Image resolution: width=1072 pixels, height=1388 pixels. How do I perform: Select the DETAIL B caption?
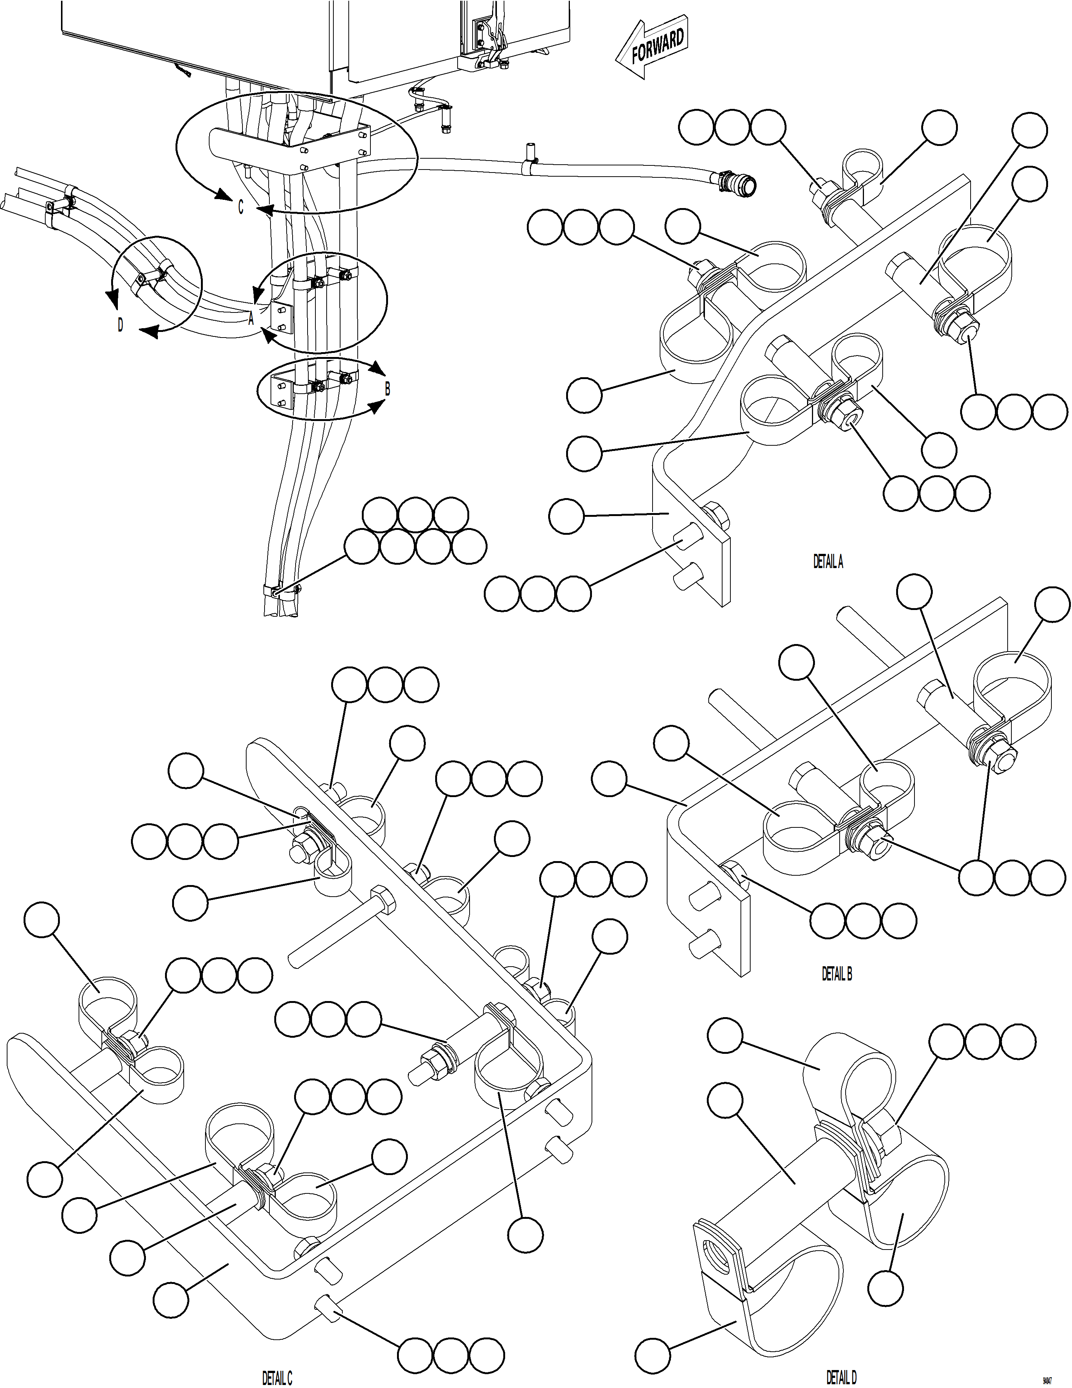[836, 974]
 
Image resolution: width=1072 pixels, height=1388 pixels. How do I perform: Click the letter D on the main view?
[120, 326]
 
